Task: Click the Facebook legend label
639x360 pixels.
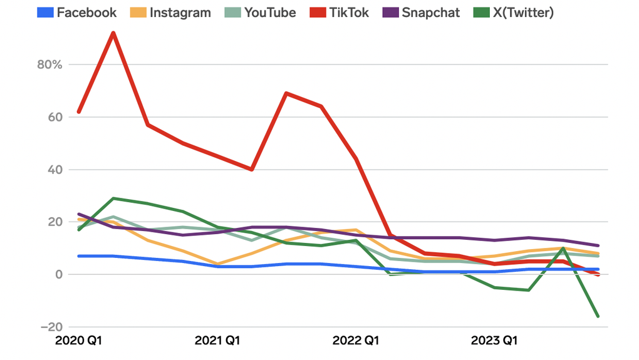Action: [86, 13]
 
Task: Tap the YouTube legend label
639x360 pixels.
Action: [269, 13]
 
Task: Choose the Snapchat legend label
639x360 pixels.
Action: [430, 13]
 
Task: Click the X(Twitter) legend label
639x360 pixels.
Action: [521, 13]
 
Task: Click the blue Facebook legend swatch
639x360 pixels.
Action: [44, 13]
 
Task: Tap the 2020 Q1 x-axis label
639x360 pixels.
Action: [79, 341]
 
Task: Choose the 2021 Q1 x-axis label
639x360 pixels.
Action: [217, 341]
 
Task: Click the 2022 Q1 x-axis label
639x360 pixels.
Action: [355, 341]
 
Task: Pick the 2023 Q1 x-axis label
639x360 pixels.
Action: [494, 341]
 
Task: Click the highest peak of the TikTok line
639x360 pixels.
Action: [113, 33]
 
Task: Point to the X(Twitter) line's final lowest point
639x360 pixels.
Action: [598, 316]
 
